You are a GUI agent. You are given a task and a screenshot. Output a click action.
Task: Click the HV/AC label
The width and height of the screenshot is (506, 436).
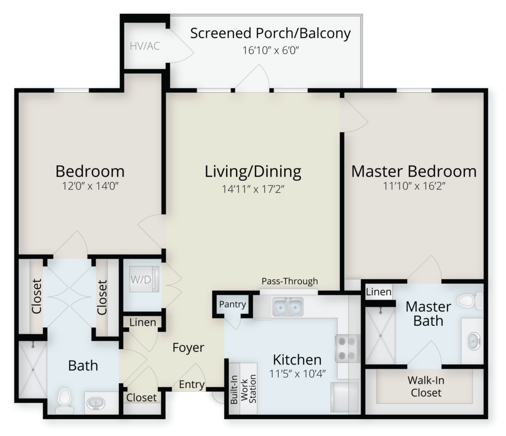[145, 46]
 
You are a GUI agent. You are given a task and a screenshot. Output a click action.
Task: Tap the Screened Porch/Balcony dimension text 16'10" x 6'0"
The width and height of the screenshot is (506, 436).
[271, 50]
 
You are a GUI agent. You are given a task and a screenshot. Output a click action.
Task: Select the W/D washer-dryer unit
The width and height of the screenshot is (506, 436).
[144, 279]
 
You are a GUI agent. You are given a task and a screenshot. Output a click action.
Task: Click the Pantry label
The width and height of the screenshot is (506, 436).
[232, 305]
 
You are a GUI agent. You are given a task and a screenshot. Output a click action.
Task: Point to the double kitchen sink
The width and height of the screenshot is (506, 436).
[288, 306]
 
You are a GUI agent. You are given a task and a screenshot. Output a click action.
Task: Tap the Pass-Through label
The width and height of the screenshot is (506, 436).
[290, 281]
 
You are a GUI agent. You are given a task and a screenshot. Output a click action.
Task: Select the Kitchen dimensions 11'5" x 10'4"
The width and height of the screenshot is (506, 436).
[297, 374]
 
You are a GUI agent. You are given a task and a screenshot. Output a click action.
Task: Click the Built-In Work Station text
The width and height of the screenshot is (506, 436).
[243, 389]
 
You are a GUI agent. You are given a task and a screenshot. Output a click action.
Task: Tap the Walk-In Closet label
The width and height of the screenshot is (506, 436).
[425, 386]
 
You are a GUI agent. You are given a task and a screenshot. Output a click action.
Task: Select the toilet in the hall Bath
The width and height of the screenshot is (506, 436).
[64, 401]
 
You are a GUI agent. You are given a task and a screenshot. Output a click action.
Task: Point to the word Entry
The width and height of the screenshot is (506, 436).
[192, 385]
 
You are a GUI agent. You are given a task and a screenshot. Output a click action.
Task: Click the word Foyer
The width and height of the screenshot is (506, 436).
[188, 348]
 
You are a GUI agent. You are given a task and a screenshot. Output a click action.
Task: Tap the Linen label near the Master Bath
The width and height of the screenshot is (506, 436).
[379, 292]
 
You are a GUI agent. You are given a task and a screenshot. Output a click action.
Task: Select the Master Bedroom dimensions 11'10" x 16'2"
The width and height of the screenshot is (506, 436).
[414, 186]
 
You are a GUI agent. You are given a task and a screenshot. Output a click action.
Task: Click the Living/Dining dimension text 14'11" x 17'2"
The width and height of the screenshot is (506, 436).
[253, 189]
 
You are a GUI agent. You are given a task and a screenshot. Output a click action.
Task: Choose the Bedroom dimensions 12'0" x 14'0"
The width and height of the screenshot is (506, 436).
[91, 186]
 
